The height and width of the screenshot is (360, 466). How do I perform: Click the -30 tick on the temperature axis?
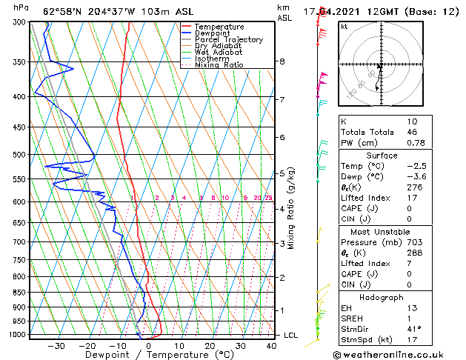coord(56,346)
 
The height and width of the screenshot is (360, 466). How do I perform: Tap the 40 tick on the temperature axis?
coord(271,346)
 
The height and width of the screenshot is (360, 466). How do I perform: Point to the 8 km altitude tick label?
coord(282,61)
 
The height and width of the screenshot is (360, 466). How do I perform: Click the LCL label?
coord(290,336)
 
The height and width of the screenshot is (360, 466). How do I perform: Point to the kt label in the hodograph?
coord(344,27)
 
